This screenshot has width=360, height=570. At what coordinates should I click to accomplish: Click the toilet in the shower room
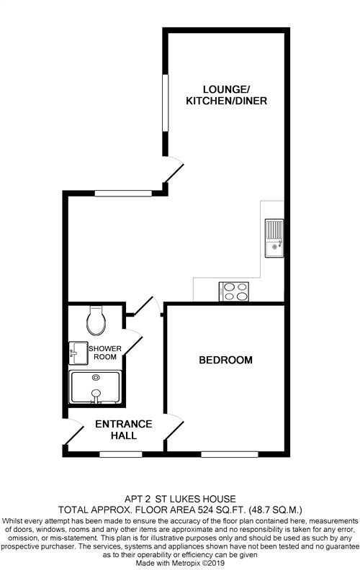[96, 320]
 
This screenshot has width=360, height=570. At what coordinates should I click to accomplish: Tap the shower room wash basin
[78, 353]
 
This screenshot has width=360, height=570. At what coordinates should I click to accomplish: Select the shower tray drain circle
[96, 377]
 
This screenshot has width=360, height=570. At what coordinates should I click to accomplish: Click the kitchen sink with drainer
[274, 238]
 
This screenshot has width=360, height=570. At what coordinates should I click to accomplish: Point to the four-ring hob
[234, 291]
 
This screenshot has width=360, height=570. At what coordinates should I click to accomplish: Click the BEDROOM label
[225, 360]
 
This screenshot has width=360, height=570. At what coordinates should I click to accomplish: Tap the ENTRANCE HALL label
[124, 430]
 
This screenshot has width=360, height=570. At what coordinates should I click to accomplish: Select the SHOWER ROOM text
[105, 353]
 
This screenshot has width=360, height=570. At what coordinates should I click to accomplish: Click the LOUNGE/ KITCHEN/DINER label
[227, 95]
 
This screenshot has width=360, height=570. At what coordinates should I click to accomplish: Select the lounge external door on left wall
[174, 169]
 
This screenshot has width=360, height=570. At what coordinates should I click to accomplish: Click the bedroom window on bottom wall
[230, 454]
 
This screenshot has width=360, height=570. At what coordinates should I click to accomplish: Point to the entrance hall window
[121, 454]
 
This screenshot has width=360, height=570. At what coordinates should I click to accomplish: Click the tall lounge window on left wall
[166, 103]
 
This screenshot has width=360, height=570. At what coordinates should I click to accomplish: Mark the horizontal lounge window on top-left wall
[123, 194]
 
